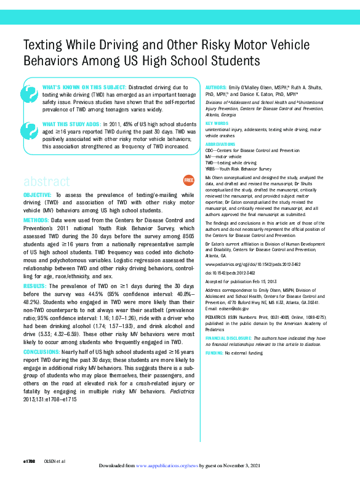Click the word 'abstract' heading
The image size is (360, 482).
pyautogui.click(x=47, y=182)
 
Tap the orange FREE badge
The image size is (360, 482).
pyautogui.click(x=189, y=180)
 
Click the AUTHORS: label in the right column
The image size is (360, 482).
pyautogui.click(x=216, y=89)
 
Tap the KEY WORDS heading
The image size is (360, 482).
pyautogui.click(x=216, y=124)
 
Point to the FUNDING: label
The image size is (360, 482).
pyautogui.click(x=214, y=353)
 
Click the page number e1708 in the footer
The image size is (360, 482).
pyautogui.click(x=30, y=460)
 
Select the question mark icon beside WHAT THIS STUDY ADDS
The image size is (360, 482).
pyautogui.click(x=29, y=131)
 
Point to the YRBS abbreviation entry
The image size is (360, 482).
pyautogui.click(x=212, y=168)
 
